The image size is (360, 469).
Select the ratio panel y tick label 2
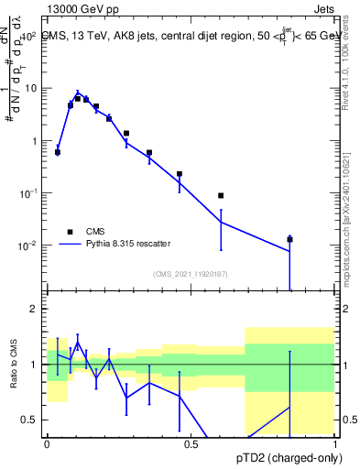[x=34, y=309]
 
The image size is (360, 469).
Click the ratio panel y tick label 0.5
[x=29, y=420]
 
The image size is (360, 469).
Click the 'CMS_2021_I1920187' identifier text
[x=190, y=273]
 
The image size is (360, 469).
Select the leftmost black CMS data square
[x=58, y=152]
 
